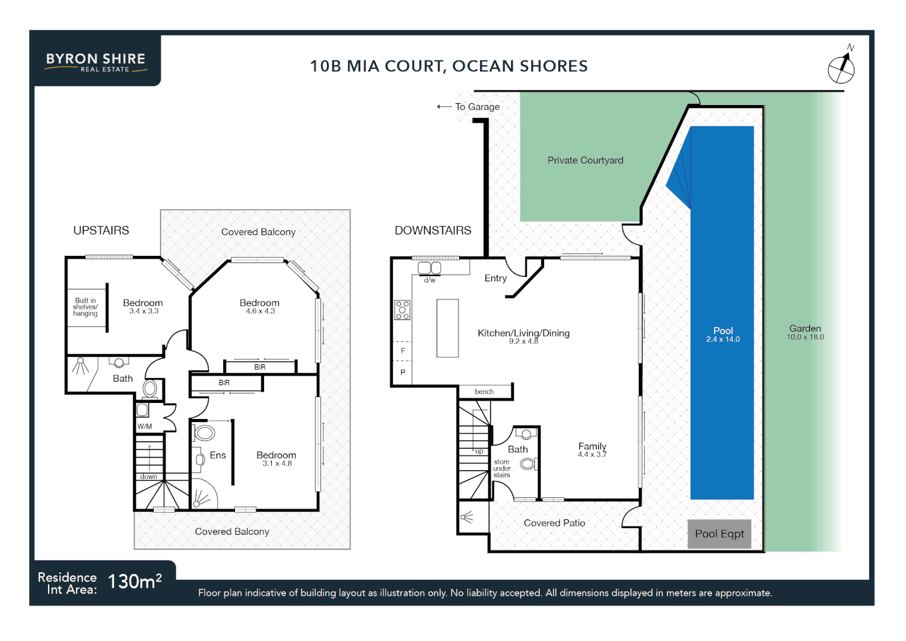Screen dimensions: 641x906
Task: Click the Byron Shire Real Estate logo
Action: point(96,62)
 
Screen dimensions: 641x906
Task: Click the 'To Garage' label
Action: point(476,107)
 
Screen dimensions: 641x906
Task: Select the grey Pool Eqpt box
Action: point(719,534)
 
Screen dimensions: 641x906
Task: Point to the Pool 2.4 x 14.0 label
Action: point(723,335)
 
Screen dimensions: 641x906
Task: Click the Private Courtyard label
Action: point(585,160)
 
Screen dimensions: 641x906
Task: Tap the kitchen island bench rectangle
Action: point(447,328)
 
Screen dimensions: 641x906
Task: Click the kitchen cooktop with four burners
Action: point(402,310)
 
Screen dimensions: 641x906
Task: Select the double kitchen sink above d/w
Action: point(429,268)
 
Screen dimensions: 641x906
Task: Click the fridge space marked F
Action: point(403,351)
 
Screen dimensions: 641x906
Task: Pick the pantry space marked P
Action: point(403,373)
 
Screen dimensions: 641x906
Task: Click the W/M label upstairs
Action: point(145,426)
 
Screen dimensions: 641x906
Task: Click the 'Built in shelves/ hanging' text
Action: point(85,307)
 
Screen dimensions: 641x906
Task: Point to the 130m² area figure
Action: point(135,581)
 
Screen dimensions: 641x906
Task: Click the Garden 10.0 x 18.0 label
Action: point(805,332)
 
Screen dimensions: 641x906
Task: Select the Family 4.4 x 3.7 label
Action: point(592,450)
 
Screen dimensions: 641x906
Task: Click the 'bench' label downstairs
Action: point(484,392)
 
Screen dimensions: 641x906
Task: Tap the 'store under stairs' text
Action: point(501,468)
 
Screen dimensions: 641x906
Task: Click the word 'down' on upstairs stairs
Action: point(148,477)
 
